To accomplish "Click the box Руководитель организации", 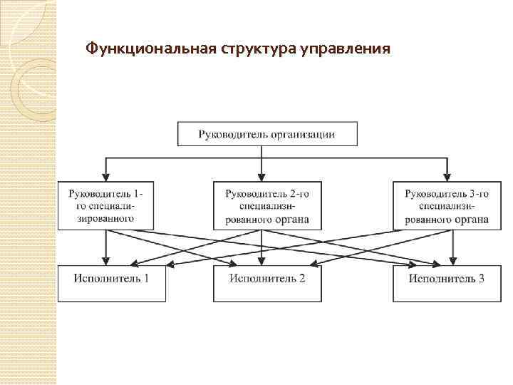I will coord(266,134).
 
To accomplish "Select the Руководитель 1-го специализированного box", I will coord(105,205).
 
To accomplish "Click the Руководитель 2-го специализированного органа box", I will coord(266,205).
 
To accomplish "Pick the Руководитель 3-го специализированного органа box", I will coord(446,205).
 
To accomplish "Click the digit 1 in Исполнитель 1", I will coord(146,277).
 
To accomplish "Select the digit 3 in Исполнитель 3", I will coord(482,277).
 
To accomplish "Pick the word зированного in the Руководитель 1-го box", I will coord(105,219).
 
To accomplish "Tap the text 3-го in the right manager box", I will coord(477,192).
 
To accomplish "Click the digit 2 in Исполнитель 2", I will coord(302,277).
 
